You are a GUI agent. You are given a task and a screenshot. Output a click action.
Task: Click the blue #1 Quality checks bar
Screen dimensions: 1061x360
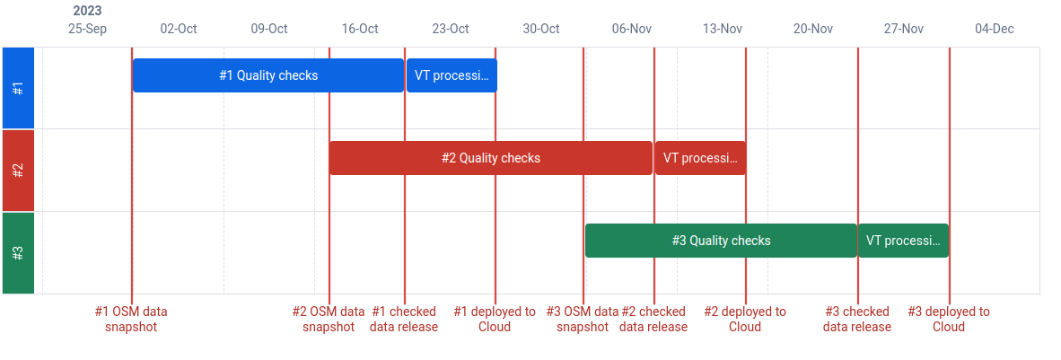coord(268,75)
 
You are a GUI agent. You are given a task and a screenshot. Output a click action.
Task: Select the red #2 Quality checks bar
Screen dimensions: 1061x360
coord(491,158)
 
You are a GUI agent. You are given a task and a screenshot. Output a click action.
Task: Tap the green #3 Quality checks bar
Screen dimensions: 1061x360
coord(722,241)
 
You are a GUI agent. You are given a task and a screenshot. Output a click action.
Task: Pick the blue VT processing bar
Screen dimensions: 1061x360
coord(452,75)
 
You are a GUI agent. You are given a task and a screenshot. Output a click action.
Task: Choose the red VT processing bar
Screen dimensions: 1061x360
coord(700,158)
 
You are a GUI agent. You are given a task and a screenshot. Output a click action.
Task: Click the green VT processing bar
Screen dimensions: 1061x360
coord(903,241)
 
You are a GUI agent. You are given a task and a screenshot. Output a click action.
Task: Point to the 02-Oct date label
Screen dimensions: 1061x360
coord(179,29)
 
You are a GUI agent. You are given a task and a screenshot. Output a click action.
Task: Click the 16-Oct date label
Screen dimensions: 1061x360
coord(360,29)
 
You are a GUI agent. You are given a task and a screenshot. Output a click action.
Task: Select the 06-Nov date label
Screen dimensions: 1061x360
coord(632,29)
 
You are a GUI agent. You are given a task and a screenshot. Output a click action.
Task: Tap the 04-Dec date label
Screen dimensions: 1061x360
coord(995,29)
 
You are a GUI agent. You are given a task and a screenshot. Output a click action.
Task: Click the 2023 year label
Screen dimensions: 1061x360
coord(87,12)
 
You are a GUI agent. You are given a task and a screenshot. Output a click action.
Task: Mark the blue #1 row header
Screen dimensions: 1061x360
coord(18,88)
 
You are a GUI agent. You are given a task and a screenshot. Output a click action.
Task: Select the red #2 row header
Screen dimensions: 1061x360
coord(18,170)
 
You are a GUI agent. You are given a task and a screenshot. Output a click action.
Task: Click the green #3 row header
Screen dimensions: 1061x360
coord(18,252)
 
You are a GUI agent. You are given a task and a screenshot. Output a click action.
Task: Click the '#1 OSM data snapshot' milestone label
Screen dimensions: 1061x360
coord(131,320)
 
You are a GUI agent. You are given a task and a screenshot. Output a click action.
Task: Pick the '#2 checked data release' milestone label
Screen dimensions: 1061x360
coord(653,320)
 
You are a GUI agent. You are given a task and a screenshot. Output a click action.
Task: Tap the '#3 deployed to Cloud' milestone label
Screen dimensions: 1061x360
coord(949,320)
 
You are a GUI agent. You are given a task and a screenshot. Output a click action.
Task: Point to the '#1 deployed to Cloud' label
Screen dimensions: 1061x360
coord(495,320)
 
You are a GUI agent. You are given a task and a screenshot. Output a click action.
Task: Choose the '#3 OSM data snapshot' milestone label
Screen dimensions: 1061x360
coord(583,320)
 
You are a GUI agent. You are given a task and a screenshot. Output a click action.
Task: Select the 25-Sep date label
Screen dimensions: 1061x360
coord(88,29)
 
